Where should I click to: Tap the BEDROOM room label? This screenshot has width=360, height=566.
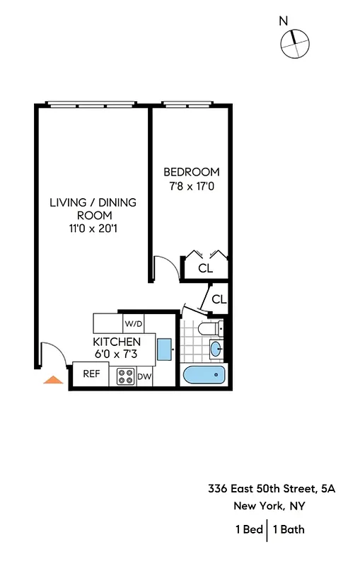192,172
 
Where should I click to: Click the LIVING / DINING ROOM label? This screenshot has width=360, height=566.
93,209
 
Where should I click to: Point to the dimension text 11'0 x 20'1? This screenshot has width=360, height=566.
93,228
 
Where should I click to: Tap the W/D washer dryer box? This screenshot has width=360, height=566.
134,324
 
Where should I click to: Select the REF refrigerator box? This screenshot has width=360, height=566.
91,374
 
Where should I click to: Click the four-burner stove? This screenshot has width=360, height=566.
126,377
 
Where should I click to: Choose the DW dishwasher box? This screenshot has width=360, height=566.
144,377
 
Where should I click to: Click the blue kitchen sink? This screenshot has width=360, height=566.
164,349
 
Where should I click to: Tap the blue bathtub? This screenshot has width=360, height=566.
203,376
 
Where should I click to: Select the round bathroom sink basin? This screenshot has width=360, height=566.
215,348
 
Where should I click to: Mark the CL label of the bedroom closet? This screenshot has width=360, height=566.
206,268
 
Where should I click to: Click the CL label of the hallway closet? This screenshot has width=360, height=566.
219,299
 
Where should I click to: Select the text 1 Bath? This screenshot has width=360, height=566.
289,529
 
